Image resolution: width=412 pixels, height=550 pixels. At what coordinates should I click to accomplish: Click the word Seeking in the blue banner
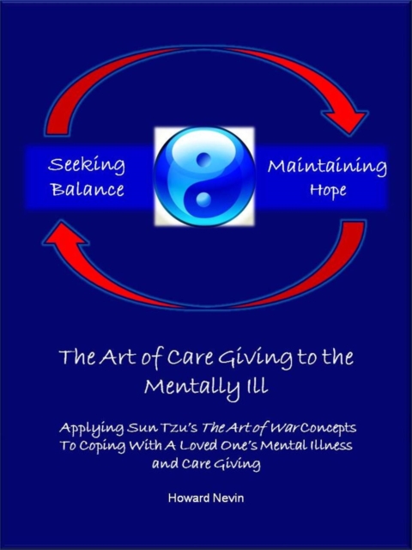(87, 164)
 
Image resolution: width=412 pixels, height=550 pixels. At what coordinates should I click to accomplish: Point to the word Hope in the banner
(327, 189)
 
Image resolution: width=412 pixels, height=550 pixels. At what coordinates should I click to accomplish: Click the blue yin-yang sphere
(204, 177)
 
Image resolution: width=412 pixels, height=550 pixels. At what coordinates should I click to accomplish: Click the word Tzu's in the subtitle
(174, 427)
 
